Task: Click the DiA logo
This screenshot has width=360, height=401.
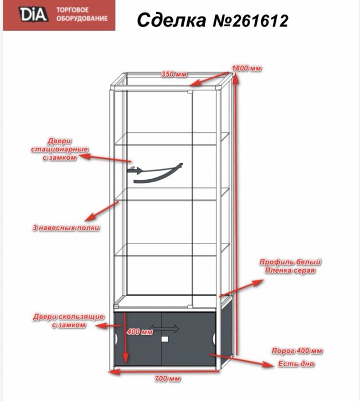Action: tap(33, 14)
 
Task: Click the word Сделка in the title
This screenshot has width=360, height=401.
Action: tap(172, 20)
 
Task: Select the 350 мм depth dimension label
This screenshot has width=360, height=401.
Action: tap(174, 74)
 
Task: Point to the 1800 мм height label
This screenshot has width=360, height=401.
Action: tap(247, 68)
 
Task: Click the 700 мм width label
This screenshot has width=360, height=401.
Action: tap(168, 379)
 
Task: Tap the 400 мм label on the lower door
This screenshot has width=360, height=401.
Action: tap(140, 332)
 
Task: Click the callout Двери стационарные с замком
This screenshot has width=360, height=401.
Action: tap(60, 150)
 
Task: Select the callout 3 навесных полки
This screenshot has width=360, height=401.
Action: tap(66, 228)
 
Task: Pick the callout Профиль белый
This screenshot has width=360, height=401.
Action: tap(290, 262)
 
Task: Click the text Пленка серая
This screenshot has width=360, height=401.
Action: tap(290, 270)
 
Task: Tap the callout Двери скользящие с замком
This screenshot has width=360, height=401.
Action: tap(69, 321)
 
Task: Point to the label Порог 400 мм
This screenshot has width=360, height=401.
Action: tap(297, 351)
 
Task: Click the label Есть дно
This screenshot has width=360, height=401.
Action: tap(296, 364)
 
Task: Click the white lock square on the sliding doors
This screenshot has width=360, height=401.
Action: tap(165, 339)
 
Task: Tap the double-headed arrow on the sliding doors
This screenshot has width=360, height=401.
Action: tap(164, 328)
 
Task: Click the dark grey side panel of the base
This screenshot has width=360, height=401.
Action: tap(227, 333)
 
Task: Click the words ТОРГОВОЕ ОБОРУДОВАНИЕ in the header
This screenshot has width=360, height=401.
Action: tap(82, 14)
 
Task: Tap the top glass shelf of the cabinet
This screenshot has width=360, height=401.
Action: tap(172, 139)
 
